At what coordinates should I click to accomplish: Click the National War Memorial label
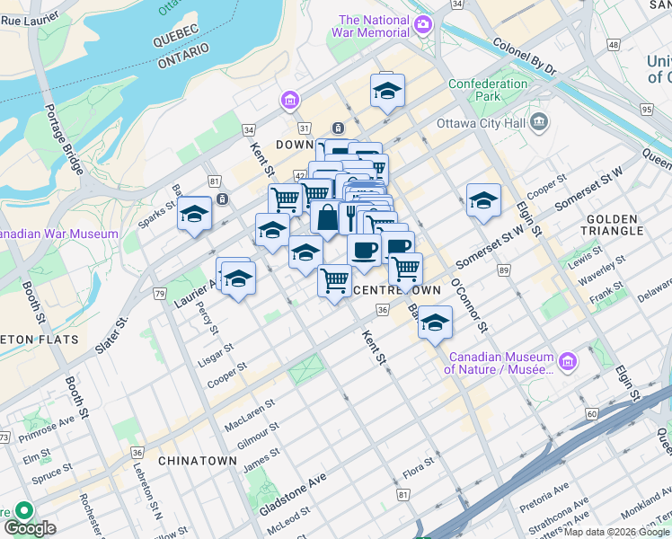pos(375,26)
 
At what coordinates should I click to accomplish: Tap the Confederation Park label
pos(488,90)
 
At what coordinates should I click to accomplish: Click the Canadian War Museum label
pos(57,234)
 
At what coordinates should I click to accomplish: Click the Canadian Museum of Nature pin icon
pos(567,362)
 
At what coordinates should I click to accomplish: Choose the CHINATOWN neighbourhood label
pos(198,460)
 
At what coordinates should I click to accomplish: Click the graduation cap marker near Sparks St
pos(194,215)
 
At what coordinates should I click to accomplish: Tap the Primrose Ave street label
pos(49,424)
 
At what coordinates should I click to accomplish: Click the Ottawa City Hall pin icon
pos(538,120)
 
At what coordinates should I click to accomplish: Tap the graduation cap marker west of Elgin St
pos(483,202)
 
